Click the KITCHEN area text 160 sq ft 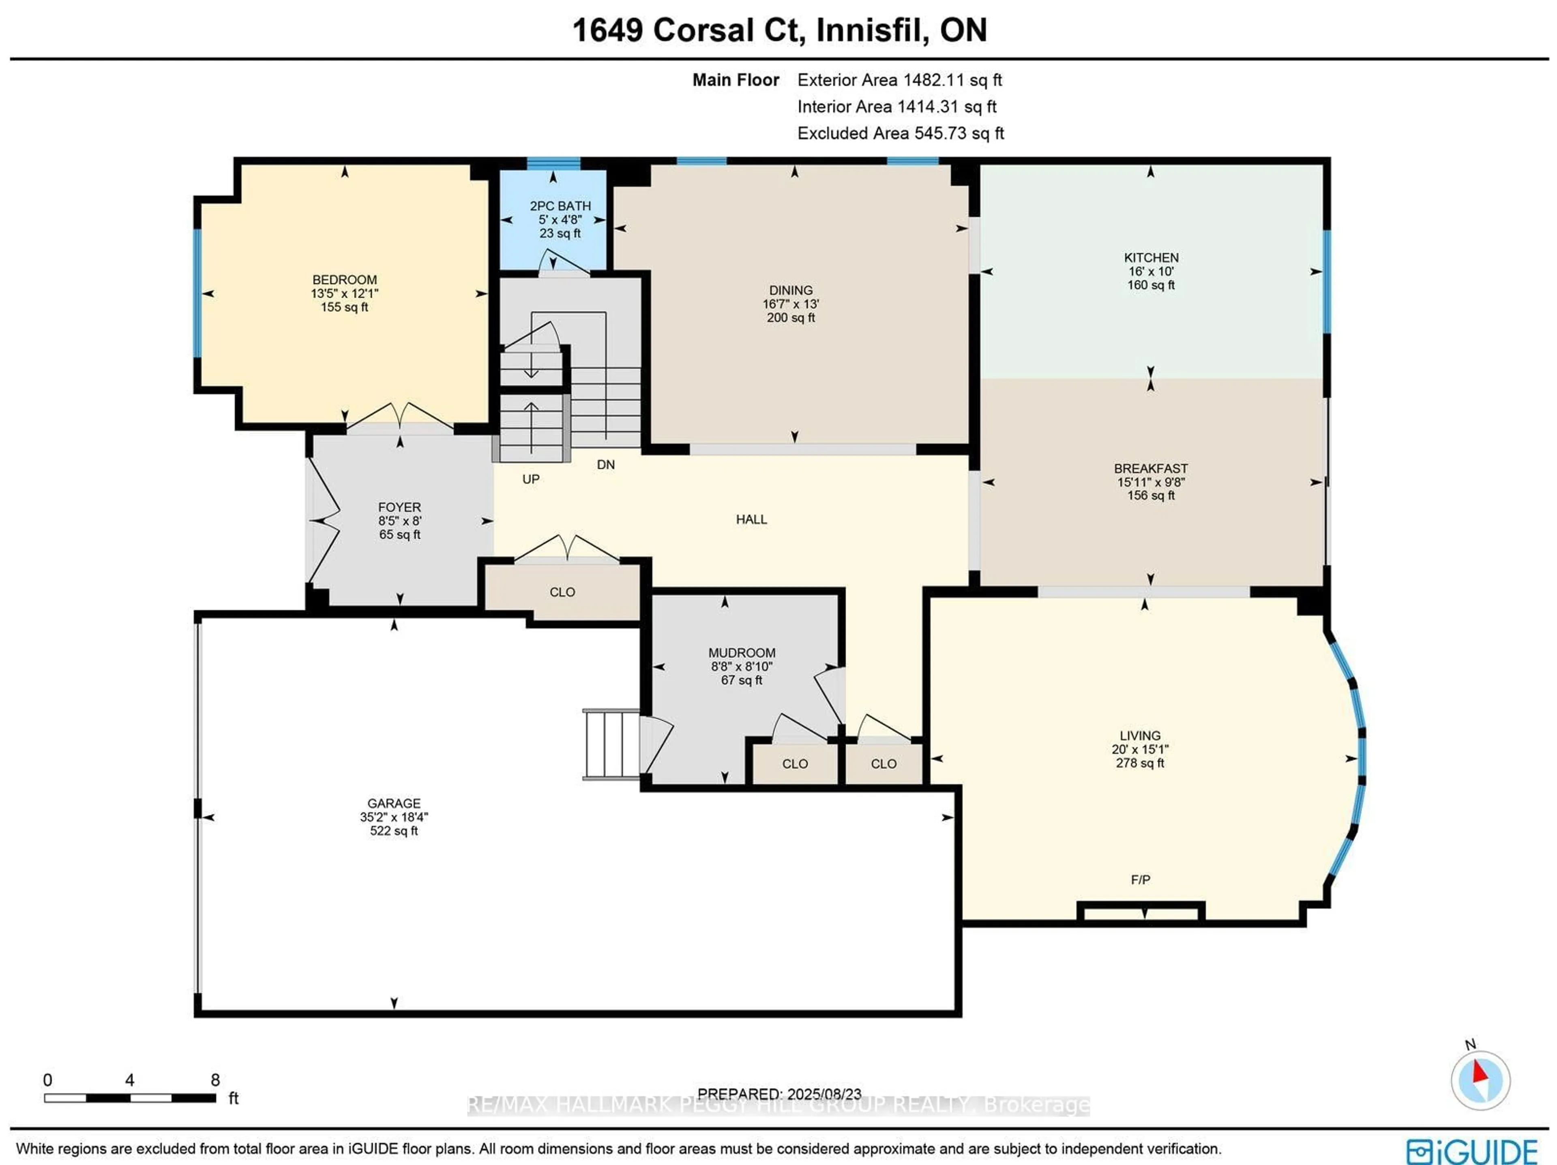point(1150,285)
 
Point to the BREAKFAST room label point(1150,468)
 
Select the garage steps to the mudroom point(610,744)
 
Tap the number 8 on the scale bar point(214,1080)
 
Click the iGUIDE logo point(1471,1152)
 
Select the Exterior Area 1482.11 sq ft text point(899,80)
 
